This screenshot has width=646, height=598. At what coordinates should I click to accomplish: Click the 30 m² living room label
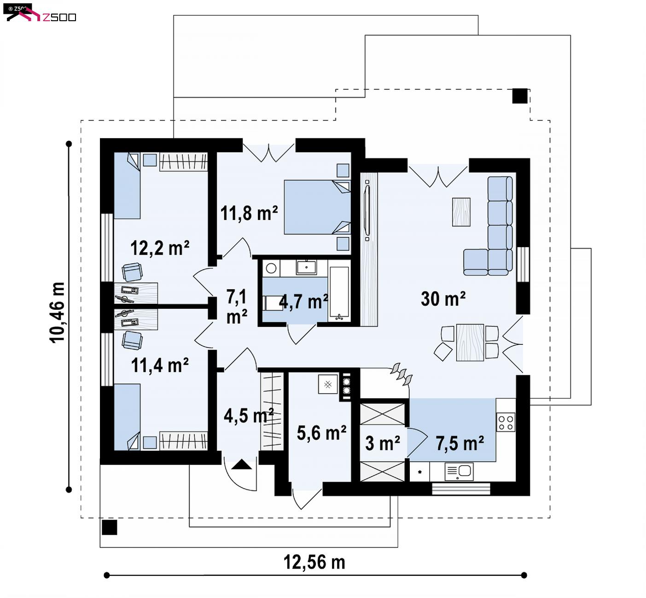pyautogui.click(x=443, y=299)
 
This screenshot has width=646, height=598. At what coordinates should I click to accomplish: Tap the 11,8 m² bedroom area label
pyautogui.click(x=249, y=214)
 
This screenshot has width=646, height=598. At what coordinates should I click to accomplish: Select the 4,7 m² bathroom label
pyautogui.click(x=303, y=302)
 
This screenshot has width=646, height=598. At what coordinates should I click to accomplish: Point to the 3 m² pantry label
pyautogui.click(x=383, y=443)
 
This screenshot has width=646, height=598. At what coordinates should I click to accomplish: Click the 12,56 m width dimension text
pyautogui.click(x=314, y=562)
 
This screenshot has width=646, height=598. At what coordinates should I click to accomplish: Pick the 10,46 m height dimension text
pyautogui.click(x=57, y=313)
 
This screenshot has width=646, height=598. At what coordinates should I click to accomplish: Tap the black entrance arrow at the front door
pyautogui.click(x=242, y=464)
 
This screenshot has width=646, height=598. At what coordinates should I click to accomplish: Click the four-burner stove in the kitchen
pyautogui.click(x=506, y=422)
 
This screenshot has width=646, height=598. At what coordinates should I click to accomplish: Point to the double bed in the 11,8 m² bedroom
pyautogui.click(x=317, y=207)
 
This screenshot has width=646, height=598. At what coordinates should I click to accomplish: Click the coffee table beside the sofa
pyautogui.click(x=461, y=212)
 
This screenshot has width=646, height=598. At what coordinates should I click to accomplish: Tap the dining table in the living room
pyautogui.click(x=470, y=343)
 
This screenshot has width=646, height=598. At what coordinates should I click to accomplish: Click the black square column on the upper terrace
pyautogui.click(x=520, y=96)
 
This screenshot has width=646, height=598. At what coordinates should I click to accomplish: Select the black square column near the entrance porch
pyautogui.click(x=109, y=528)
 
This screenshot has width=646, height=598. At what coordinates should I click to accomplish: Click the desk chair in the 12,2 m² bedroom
pyautogui.click(x=132, y=272)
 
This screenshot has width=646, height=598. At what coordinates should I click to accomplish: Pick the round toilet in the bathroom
pyautogui.click(x=271, y=268)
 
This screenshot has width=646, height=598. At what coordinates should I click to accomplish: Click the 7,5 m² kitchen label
pyautogui.click(x=460, y=444)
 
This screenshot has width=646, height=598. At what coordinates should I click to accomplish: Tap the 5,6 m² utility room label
pyautogui.click(x=321, y=433)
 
